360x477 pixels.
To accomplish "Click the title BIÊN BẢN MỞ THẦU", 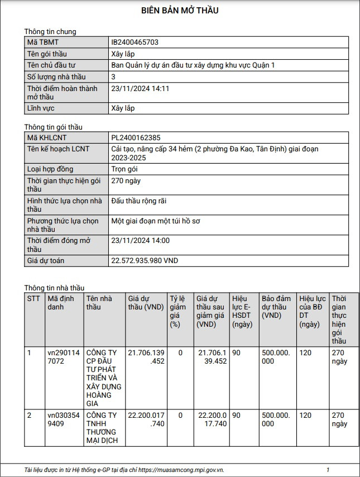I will (x=180, y=11).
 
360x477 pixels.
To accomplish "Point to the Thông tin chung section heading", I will (x=50, y=31).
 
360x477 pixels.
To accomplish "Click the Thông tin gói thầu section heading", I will (x=54, y=127).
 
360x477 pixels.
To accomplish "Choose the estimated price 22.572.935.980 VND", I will (x=145, y=261).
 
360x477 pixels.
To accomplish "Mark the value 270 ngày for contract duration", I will (x=126, y=181).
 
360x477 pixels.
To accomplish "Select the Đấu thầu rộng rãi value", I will (x=139, y=201).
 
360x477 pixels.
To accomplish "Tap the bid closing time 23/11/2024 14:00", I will (x=141, y=241).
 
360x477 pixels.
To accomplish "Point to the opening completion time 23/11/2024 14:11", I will (x=141, y=89).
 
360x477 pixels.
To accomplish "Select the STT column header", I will (x=34, y=298).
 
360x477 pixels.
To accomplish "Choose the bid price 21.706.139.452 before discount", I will (x=146, y=357).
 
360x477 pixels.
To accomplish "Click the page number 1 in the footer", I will (x=328, y=470).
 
